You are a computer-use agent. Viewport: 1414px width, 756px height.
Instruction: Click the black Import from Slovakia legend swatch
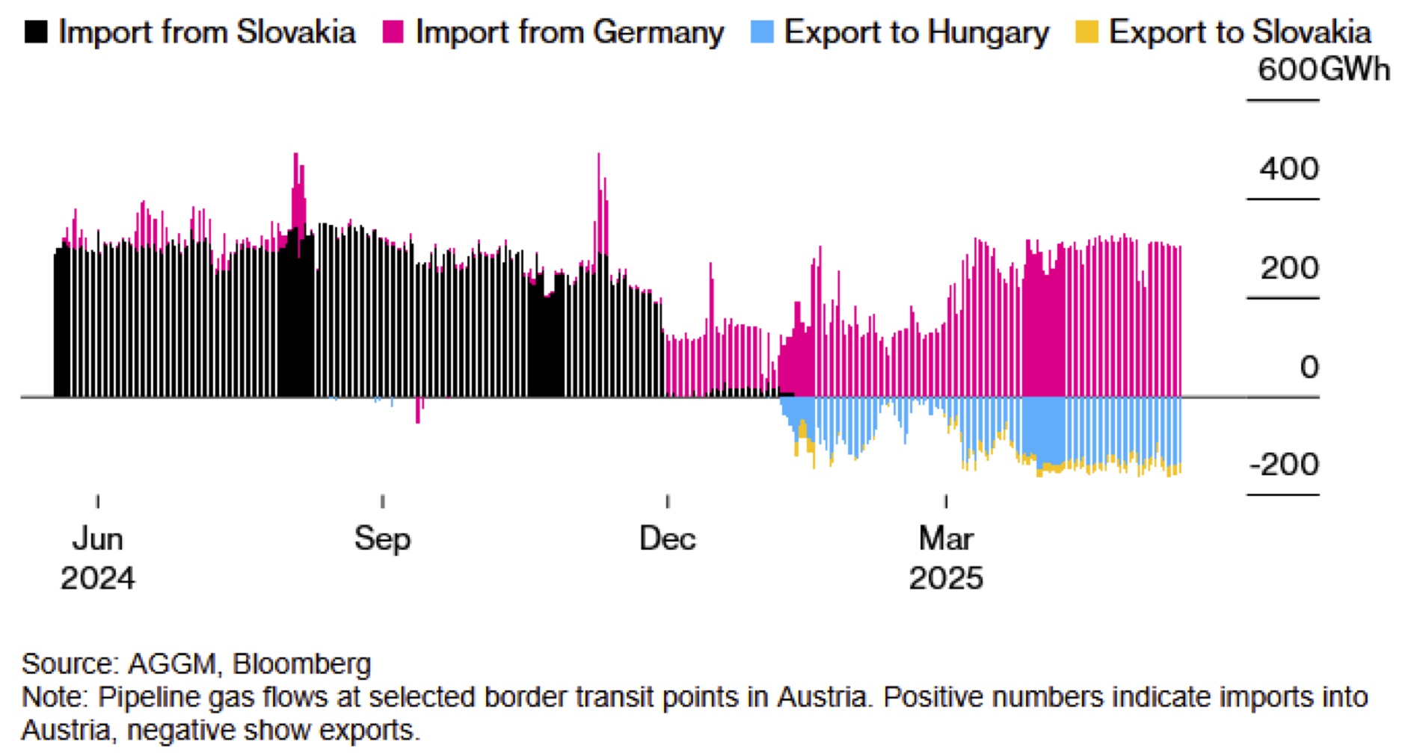coord(36,32)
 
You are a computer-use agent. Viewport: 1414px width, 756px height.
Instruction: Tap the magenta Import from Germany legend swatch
coord(393,32)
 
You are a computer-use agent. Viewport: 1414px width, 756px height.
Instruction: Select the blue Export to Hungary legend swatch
coord(762,32)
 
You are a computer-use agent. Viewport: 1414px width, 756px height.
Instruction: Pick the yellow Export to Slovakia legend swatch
coord(1086,32)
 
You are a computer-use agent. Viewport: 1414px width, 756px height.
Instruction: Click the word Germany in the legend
coord(658,33)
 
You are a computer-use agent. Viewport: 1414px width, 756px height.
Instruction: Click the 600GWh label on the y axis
coord(1324,69)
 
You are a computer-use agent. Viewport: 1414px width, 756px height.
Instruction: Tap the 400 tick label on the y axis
coord(1289,169)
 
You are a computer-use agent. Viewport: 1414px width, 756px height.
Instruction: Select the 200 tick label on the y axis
coord(1289,268)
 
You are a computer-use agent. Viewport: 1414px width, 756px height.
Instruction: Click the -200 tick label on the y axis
coord(1284,465)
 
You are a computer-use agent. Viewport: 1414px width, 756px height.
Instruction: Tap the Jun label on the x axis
coord(97,539)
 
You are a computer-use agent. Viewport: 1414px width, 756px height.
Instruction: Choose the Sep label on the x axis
coord(382,539)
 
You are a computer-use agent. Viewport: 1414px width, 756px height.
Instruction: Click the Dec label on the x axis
coord(667,539)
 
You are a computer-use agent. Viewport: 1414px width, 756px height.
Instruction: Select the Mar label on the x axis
coord(946,539)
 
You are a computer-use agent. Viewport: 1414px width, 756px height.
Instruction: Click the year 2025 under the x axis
coord(946,578)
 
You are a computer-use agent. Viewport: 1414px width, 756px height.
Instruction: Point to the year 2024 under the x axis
coord(97,578)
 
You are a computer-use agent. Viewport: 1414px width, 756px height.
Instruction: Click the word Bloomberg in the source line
coord(301,664)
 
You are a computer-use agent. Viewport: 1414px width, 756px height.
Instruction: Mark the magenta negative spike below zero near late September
coord(417,410)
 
